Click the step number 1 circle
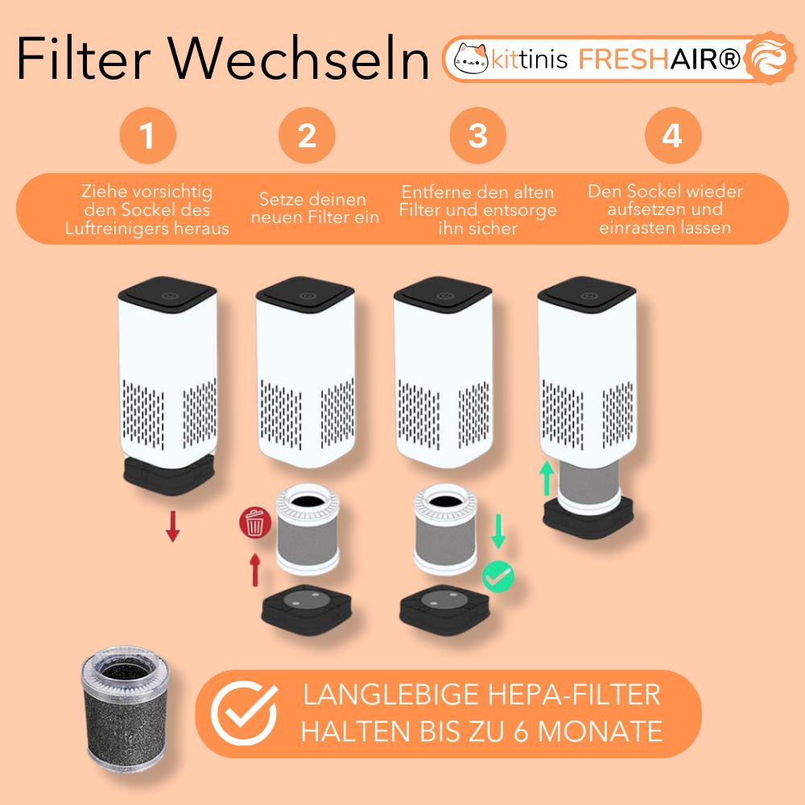(x=148, y=135)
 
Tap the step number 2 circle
(x=307, y=135)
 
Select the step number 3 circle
(x=478, y=135)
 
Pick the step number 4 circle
(x=673, y=135)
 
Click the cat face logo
(x=471, y=59)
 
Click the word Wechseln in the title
(x=299, y=59)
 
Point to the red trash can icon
(x=255, y=522)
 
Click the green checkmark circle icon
(x=498, y=577)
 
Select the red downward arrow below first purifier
(x=173, y=526)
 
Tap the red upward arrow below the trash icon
(x=255, y=569)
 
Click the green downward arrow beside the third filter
(x=498, y=532)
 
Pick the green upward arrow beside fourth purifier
(x=547, y=478)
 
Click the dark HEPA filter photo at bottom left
(x=126, y=712)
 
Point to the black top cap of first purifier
(x=167, y=294)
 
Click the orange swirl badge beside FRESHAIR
(x=770, y=58)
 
